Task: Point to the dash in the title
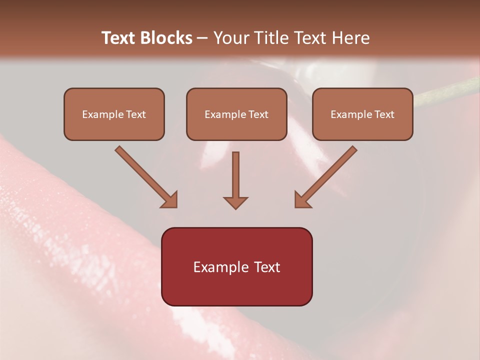click(x=202, y=38)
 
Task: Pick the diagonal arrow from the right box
click(x=326, y=176)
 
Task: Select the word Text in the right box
click(x=383, y=114)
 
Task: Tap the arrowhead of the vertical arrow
click(x=235, y=202)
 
